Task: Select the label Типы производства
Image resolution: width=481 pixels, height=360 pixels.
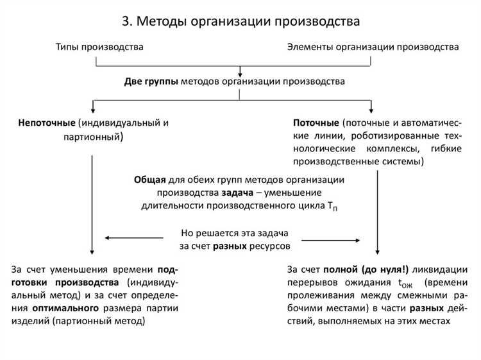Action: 99,47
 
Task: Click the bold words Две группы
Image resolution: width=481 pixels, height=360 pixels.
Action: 151,81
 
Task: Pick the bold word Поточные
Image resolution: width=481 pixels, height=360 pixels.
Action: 316,122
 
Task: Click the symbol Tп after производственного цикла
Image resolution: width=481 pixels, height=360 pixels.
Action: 350,207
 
